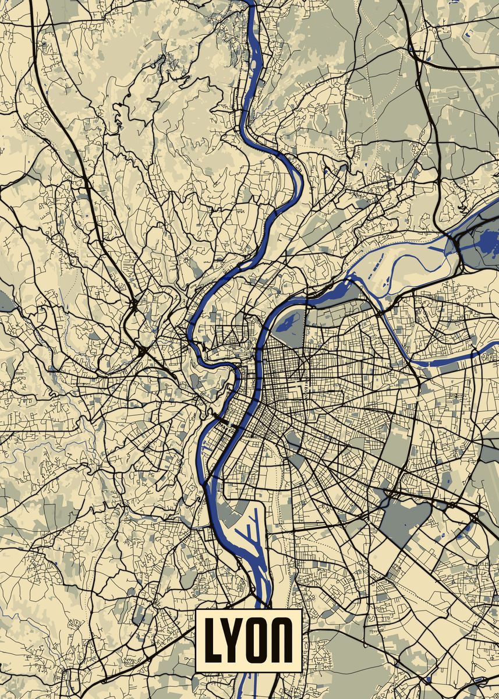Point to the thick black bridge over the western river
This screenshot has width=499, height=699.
[x=222, y=417]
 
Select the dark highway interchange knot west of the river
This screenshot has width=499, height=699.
[x=141, y=349]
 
